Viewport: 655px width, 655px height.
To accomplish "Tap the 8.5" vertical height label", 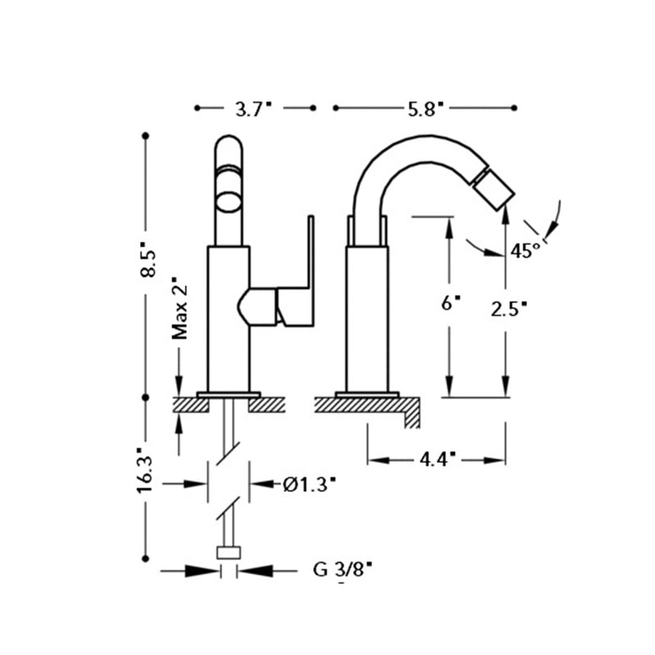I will [x=148, y=260].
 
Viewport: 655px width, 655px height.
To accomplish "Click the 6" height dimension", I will [x=449, y=303].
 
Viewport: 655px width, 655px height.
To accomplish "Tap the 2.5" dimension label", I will [x=508, y=309].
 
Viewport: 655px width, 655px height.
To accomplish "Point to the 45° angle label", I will [x=526, y=251].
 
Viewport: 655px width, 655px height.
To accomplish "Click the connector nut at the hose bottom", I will [x=228, y=553].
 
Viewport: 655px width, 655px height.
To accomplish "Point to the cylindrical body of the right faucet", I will [x=367, y=319].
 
